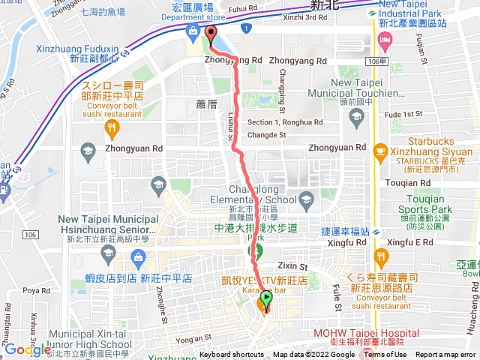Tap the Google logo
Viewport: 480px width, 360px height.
coord(27,349)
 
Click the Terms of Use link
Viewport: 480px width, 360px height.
coord(385,355)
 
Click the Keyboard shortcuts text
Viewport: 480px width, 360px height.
coord(232,355)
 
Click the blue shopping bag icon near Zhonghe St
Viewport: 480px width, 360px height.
coord(137,259)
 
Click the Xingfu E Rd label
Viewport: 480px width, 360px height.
coord(415,243)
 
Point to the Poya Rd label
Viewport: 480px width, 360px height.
coord(35,289)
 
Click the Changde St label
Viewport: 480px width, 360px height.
coord(267,135)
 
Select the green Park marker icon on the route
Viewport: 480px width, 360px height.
coord(256,250)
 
